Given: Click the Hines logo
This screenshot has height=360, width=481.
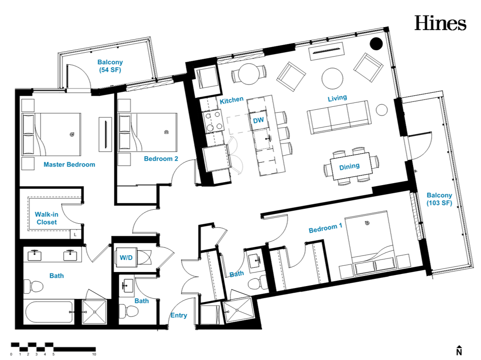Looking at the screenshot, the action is (x=440, y=23).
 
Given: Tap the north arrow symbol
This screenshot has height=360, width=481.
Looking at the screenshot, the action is (x=459, y=350).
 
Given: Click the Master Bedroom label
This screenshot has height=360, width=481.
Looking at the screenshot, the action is (x=70, y=164).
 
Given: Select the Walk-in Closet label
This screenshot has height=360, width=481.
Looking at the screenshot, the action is (x=47, y=218).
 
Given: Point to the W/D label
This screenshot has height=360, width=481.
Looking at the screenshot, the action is (x=126, y=258).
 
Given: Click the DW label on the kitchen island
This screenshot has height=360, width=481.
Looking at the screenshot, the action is (x=258, y=120).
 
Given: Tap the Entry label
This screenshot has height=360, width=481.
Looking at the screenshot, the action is (x=179, y=315).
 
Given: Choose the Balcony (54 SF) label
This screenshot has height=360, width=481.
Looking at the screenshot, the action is (x=110, y=66).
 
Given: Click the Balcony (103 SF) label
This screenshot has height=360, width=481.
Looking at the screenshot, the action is (x=439, y=199).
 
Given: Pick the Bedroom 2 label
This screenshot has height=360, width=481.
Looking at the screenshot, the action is (x=161, y=158).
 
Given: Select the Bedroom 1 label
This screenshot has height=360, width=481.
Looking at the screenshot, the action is (x=325, y=228).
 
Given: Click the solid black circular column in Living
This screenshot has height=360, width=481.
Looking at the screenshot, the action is (x=376, y=43).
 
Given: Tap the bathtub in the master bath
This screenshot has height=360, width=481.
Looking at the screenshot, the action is (x=49, y=312).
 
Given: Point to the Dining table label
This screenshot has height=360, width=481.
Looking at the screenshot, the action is (x=349, y=166).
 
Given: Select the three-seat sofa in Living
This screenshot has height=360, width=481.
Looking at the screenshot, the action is (x=339, y=116).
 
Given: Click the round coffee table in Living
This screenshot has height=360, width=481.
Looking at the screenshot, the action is (x=333, y=78).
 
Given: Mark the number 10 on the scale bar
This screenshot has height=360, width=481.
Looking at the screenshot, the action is (x=94, y=354).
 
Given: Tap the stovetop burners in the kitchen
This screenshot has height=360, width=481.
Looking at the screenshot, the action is (x=213, y=121).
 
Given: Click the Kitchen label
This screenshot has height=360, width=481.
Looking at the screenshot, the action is (x=232, y=100).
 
